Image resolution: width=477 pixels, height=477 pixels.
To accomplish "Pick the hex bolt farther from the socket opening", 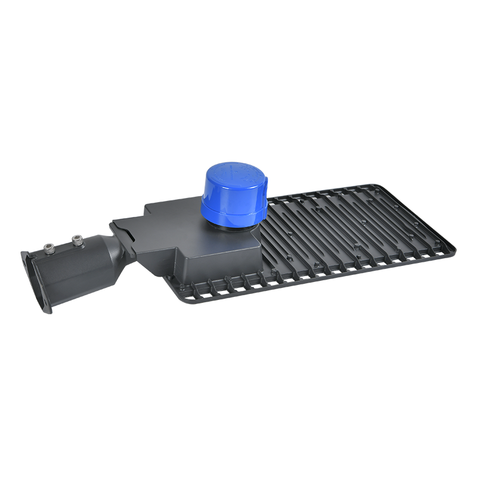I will pyautogui.click(x=76, y=240).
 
